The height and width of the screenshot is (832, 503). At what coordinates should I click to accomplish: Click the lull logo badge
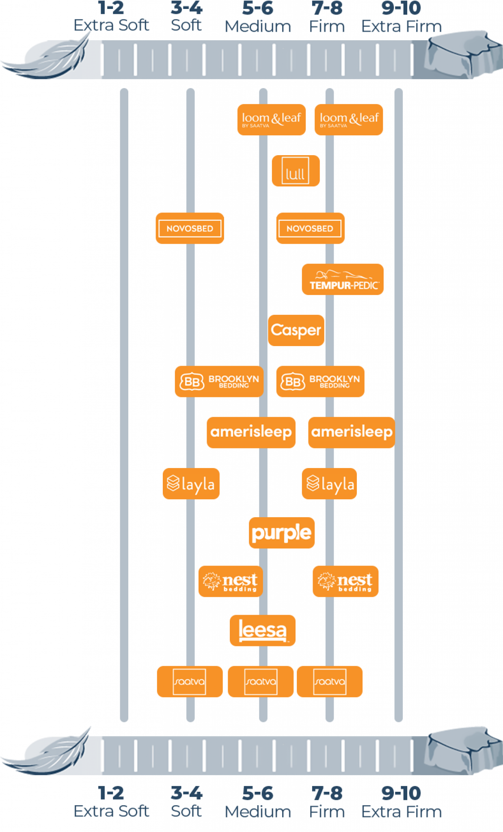click(296, 171)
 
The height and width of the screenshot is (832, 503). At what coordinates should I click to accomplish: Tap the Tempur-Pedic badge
click(343, 279)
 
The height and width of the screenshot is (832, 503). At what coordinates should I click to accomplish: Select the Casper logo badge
click(296, 330)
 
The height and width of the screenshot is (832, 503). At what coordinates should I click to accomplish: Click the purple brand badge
click(282, 533)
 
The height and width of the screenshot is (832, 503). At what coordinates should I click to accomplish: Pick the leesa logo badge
click(262, 630)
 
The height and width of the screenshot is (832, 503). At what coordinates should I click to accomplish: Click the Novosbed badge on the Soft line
click(190, 228)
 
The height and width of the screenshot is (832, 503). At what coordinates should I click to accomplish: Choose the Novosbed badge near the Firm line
click(310, 228)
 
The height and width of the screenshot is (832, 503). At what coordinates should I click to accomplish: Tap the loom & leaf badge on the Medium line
click(271, 119)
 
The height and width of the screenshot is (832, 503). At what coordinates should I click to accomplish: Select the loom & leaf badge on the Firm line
click(349, 119)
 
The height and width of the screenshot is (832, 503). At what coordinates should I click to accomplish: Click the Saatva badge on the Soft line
click(190, 682)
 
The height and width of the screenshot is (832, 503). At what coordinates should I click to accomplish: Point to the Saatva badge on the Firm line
click(330, 682)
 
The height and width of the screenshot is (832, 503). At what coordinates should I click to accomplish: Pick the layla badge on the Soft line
click(191, 484)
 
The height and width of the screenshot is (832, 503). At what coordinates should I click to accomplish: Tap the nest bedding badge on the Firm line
click(345, 581)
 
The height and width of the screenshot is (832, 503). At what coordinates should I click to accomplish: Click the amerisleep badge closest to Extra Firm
click(352, 432)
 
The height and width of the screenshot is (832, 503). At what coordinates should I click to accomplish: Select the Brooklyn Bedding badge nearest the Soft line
click(219, 381)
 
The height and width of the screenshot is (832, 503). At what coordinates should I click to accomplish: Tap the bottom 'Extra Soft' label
click(111, 811)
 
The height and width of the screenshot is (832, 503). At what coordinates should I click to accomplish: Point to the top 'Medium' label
click(258, 27)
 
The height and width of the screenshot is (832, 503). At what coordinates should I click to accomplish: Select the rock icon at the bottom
click(463, 750)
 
